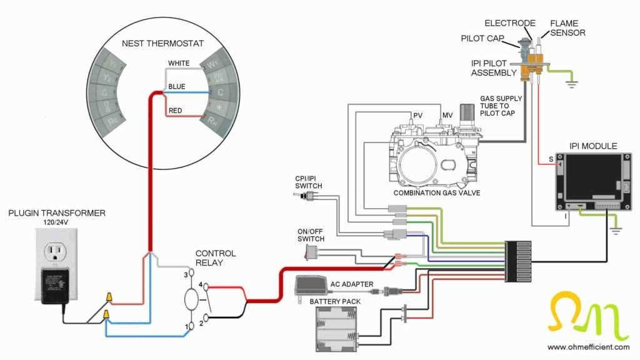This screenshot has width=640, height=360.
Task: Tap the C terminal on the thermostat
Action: pyautogui.click(x=220, y=92)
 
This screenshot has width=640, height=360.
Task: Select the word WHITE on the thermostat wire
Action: pyautogui.click(x=179, y=64)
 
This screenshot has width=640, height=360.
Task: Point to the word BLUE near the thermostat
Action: pyautogui.click(x=177, y=87)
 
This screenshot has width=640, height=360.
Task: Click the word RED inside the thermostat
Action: pyautogui.click(x=176, y=111)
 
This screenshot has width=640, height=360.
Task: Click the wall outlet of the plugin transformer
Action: pyautogui.click(x=56, y=253)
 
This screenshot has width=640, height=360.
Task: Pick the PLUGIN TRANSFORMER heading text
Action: pyautogui.click(x=57, y=213)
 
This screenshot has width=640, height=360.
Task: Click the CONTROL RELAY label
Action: pyautogui.click(x=216, y=258)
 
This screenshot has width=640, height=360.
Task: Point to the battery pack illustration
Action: pyautogui.click(x=338, y=329)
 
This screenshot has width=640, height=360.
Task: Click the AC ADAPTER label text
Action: pyautogui.click(x=352, y=284)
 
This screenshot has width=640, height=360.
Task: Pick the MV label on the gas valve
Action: pyautogui.click(x=447, y=116)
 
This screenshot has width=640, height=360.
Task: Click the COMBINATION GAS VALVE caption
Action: pyautogui.click(x=437, y=193)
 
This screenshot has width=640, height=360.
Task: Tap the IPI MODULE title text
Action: pyautogui.click(x=593, y=146)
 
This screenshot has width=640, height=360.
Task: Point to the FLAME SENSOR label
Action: pyautogui.click(x=567, y=28)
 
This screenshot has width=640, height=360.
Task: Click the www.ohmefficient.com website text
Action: pyautogui.click(x=588, y=347)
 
